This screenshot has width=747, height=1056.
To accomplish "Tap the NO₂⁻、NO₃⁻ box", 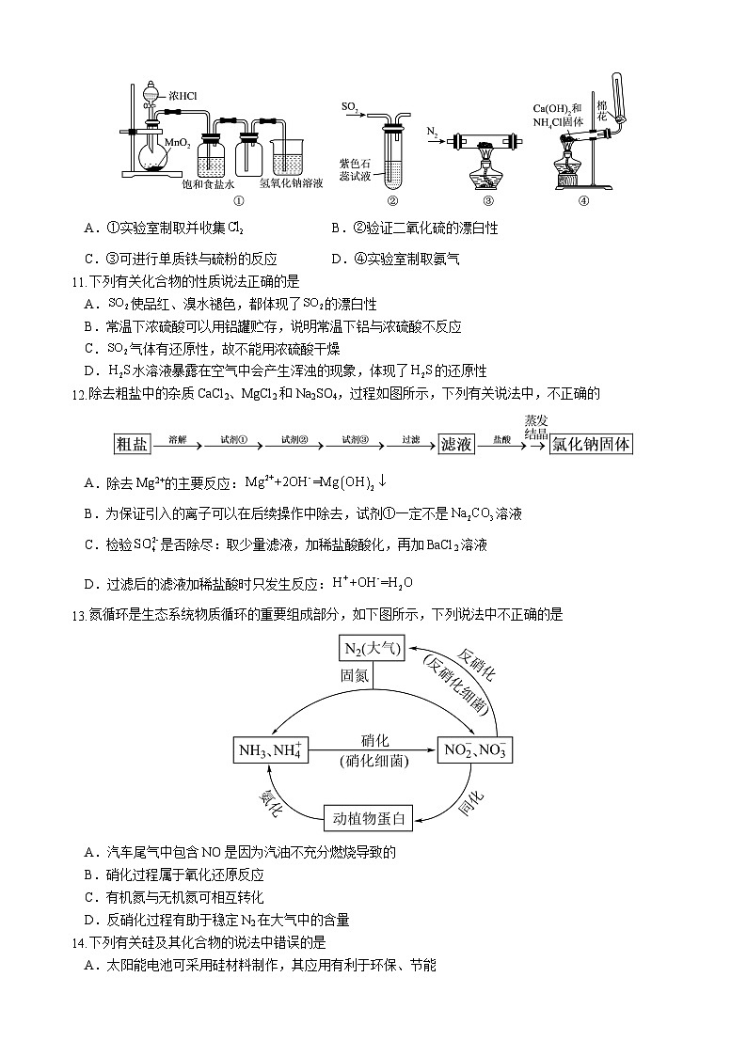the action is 476,749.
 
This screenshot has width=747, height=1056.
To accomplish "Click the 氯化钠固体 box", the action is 591,444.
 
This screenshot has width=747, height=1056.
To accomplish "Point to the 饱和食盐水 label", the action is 208,183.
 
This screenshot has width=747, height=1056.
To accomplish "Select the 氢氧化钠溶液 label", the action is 291,183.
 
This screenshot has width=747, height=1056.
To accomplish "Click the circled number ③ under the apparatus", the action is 487,200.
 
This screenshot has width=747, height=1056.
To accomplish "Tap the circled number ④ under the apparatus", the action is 583,200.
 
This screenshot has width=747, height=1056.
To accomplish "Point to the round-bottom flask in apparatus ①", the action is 151,150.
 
